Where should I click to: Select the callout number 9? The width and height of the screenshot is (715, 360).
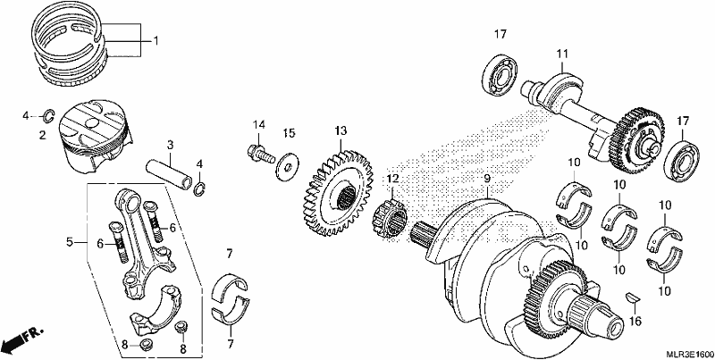(x=486, y=179)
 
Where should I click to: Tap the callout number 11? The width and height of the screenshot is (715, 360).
(x=562, y=54)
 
